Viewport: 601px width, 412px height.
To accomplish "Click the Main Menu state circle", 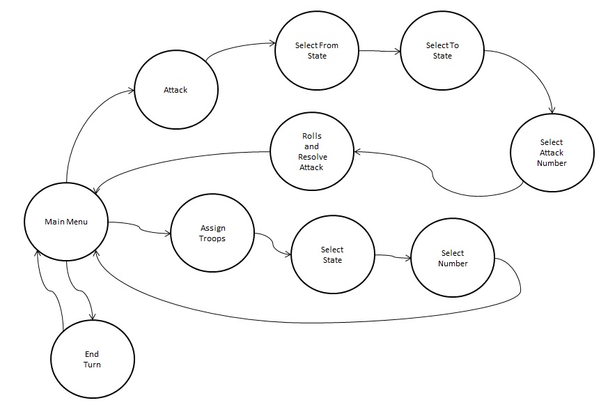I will click(x=66, y=222).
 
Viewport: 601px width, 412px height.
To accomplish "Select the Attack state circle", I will click(x=175, y=90).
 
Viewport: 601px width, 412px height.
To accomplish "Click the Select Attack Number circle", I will click(x=552, y=153).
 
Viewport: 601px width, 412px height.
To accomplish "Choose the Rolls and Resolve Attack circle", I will click(x=311, y=151).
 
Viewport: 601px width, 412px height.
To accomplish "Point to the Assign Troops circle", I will click(x=212, y=233).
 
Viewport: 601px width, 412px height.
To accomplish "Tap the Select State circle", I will click(x=332, y=254).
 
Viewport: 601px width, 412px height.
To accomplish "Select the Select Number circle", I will click(x=453, y=258).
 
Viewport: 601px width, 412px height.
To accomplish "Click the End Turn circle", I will click(x=93, y=360).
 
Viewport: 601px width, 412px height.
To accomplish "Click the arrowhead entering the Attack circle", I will click(x=131, y=90).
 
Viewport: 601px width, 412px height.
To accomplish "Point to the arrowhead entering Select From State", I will click(x=272, y=44).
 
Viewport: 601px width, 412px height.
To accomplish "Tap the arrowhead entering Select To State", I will click(x=398, y=51).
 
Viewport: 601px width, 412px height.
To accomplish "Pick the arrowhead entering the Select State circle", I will click(x=288, y=255).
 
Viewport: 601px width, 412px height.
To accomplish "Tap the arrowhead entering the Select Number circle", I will click(x=409, y=259).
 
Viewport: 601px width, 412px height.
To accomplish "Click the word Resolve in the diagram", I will click(x=311, y=157).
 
